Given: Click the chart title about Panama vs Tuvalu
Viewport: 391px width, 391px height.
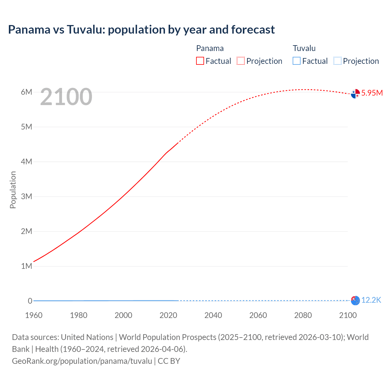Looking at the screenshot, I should coord(141,30).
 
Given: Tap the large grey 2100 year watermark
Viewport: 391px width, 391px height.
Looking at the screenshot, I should coord(66,97).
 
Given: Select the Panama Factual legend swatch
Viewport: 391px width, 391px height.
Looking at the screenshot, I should coord(200,61).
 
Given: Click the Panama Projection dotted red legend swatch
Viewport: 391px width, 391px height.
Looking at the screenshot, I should coord(241,61).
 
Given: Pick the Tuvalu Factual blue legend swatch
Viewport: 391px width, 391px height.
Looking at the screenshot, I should coord(297,61).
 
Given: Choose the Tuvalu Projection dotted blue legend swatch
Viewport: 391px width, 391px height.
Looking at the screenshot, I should coord(337,61).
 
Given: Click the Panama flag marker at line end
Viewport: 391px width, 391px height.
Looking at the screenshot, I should coord(355,93).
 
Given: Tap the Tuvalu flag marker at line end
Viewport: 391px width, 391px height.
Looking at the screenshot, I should coord(355,301).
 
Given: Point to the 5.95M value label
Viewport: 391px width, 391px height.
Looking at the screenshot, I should coord(372,93).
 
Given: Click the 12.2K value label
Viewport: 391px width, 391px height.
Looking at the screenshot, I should coord(371,300).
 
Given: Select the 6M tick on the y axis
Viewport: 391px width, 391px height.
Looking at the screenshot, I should coord(26,92).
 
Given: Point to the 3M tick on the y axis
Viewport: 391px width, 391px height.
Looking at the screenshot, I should coord(26,196).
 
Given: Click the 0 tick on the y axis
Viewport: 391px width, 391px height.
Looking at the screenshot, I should coord(30,301).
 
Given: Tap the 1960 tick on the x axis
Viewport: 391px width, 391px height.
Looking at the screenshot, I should coord(34,315).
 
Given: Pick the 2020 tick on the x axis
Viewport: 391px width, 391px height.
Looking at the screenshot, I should coord(168,315).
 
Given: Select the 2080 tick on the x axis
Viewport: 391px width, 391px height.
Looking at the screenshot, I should coord(303,315).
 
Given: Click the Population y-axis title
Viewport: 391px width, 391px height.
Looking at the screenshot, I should coord(13,190).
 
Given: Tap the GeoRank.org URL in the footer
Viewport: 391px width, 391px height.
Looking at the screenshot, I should coord(82,361).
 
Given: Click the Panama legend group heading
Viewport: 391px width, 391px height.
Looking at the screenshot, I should coord(210,48).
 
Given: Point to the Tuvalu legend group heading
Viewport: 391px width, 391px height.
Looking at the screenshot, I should coord(304,48).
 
